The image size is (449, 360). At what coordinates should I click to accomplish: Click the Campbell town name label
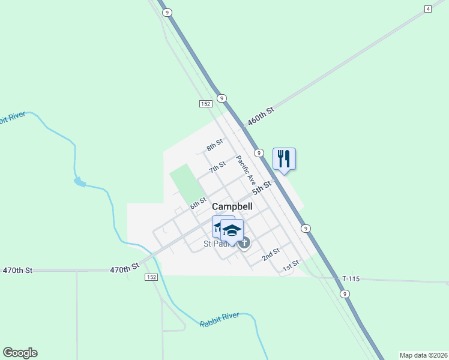tap(232, 206)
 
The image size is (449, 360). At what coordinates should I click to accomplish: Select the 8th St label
tap(214, 145)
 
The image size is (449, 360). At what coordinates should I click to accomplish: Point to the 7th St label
tap(217, 167)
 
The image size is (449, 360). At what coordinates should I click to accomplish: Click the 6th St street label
tap(198, 203)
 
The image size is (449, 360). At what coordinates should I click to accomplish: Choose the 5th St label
tap(262, 187)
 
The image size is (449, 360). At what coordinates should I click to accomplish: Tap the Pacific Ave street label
tap(246, 170)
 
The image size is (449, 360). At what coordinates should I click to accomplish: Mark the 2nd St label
tap(271, 255)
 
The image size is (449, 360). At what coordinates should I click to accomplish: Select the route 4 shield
tap(427, 8)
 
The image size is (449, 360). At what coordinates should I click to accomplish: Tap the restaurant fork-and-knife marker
tap(284, 159)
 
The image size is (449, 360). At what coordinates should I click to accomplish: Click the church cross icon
tap(244, 243)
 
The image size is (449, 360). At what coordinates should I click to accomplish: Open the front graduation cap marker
tap(232, 230)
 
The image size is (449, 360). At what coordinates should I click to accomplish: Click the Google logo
tap(20, 353)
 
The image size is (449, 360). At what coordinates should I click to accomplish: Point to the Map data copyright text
tap(423, 355)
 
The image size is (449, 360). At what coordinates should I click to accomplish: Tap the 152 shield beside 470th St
tap(151, 277)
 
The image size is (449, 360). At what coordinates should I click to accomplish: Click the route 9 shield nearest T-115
tap(344, 293)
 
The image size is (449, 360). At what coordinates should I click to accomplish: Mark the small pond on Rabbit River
tap(79, 181)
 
